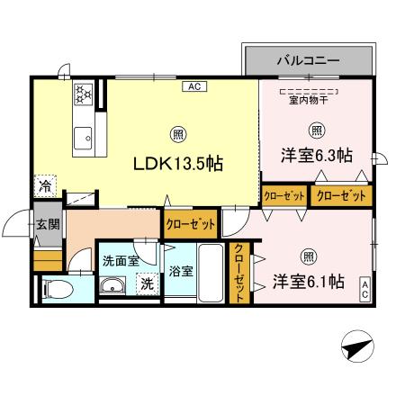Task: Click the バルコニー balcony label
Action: [x=308, y=61]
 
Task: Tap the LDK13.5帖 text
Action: [x=178, y=164]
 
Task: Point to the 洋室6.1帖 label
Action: [x=309, y=282]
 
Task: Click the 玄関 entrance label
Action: [x=48, y=224]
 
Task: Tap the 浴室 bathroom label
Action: [x=179, y=271]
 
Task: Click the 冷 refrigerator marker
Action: [x=45, y=187]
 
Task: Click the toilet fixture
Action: [x=56, y=290]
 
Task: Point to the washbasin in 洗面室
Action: [x=114, y=287]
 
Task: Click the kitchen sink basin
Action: [x=83, y=139]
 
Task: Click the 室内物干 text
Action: [x=308, y=100]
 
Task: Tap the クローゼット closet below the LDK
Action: [x=191, y=223]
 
